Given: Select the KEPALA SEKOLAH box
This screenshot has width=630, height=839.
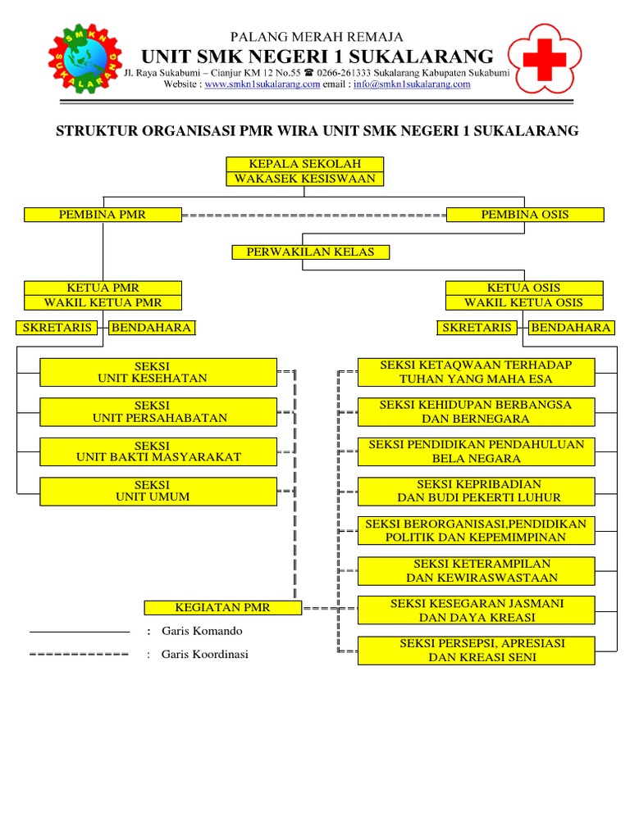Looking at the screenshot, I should (304, 164).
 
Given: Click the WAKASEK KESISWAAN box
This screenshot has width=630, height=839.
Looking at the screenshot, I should (304, 179).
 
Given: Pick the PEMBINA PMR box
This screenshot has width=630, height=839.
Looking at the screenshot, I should (103, 215).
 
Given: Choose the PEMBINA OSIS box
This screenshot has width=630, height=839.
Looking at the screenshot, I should (525, 215).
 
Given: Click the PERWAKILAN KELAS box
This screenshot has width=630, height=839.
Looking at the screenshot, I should (310, 252).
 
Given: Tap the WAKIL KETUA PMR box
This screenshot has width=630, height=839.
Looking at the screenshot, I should (103, 302).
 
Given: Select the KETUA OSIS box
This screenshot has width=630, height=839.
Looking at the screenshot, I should (524, 288).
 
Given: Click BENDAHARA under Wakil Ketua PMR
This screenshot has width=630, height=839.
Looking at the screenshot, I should (152, 328).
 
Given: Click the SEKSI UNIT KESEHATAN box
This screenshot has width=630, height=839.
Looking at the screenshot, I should (158, 372).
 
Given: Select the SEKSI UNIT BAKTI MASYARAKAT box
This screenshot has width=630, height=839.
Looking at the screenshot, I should (158, 451).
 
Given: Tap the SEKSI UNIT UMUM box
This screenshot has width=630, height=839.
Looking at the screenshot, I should (158, 491).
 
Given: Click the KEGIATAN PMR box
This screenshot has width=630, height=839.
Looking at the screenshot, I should (222, 608).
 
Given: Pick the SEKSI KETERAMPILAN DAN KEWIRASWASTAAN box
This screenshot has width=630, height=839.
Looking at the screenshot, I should (476, 571).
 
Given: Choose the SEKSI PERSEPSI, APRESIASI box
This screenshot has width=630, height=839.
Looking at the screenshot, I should (476, 651).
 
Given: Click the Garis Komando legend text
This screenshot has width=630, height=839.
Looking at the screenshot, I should (202, 632).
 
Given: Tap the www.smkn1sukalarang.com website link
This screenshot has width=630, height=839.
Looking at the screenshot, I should (262, 84).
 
